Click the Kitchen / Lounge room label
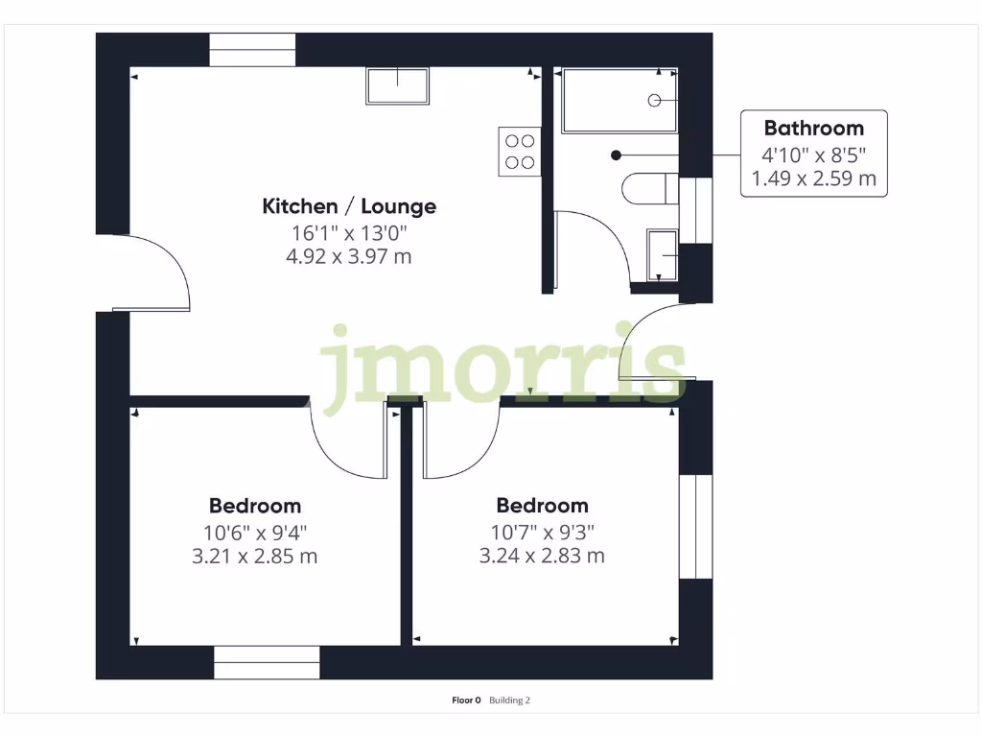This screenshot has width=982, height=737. (349, 206)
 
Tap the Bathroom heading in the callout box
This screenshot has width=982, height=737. (813, 128)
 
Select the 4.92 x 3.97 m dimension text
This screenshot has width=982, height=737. (350, 256)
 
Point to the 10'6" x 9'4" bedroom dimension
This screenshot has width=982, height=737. (255, 532)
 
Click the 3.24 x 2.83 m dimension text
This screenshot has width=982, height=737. (542, 556)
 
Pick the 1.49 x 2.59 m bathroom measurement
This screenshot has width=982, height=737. (813, 178)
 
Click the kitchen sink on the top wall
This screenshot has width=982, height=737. (398, 86)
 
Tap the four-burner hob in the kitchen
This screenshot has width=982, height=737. (519, 152)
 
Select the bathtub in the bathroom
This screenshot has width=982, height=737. (619, 100)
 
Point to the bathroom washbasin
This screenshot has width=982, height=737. (663, 254)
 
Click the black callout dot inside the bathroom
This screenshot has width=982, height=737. (617, 155)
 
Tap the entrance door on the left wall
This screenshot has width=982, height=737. (153, 273)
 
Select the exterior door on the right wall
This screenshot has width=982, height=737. (652, 345)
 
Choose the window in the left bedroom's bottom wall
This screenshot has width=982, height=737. (267, 662)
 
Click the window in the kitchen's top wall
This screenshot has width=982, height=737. (252, 50)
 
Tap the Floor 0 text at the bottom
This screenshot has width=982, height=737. (466, 701)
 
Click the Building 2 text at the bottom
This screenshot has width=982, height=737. (509, 701)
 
